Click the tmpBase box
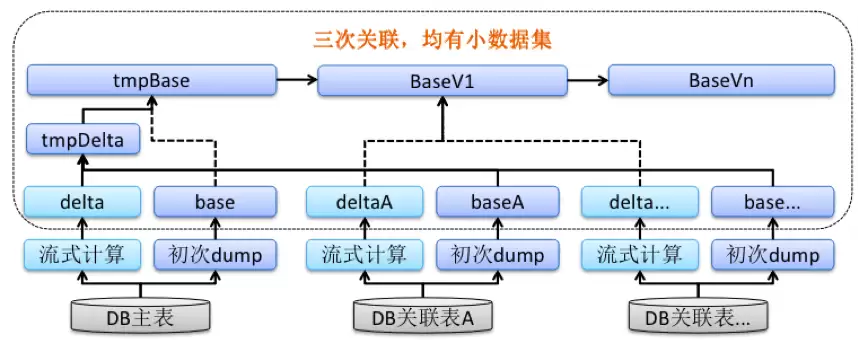[x=152, y=80]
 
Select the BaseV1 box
[x=442, y=80]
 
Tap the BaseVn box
[x=721, y=80]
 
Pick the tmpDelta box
[x=83, y=140]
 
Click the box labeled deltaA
[x=364, y=201]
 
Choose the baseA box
[x=497, y=201]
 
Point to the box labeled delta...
[x=82, y=201]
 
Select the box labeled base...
[x=215, y=201]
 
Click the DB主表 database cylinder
[x=141, y=315]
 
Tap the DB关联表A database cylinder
[x=422, y=315]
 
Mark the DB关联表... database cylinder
[x=698, y=315]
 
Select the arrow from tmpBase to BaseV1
[x=297, y=80]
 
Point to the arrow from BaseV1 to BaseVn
[x=588, y=80]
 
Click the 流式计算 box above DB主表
[x=82, y=254]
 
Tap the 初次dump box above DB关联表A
[x=497, y=254]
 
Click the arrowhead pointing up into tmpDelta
[x=83, y=159]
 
